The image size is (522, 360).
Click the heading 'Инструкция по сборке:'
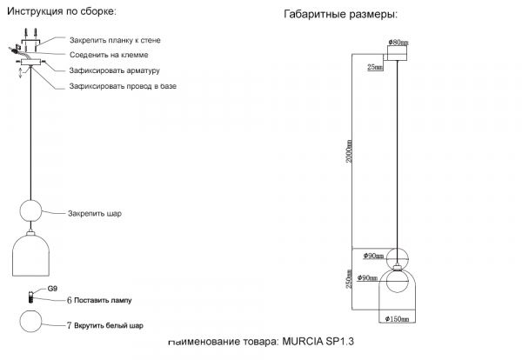coord(61,11)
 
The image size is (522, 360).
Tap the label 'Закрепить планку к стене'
coord(114,41)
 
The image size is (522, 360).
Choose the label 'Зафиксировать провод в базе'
coord(123,87)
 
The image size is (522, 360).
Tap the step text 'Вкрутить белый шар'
coord(109,327)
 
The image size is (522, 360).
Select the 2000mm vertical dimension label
coord(350,151)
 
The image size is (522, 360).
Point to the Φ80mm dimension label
coord(398,42)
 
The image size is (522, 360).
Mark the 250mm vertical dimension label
coord(350,281)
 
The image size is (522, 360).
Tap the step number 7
coord(69,327)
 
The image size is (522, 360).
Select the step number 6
coord(69,300)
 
